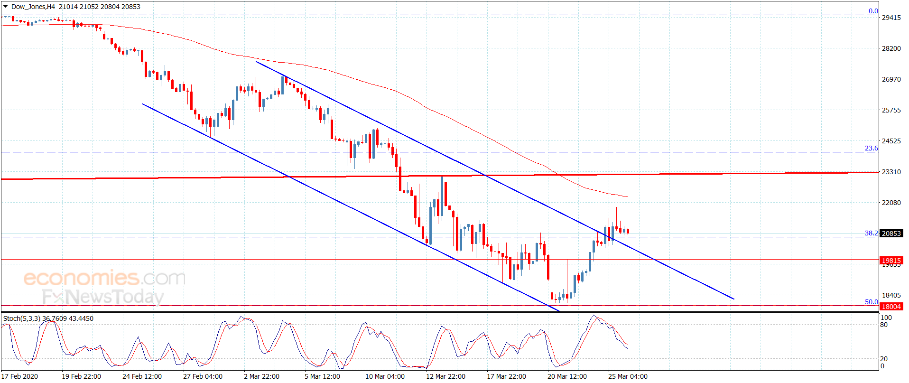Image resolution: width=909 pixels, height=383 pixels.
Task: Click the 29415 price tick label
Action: (890, 18)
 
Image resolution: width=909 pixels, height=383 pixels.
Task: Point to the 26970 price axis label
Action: (890, 79)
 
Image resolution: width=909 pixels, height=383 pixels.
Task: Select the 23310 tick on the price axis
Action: (890, 172)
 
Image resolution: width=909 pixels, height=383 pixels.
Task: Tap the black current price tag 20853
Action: (891, 234)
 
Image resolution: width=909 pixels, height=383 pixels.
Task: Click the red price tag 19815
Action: (891, 261)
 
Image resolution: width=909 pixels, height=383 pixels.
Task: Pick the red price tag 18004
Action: (891, 307)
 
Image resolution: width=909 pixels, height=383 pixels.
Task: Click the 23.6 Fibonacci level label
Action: (871, 149)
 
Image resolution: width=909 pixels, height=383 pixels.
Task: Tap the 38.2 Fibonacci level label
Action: (871, 234)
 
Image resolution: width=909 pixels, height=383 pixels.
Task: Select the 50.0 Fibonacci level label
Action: (871, 302)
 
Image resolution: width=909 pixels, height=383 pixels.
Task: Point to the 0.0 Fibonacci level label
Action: (873, 11)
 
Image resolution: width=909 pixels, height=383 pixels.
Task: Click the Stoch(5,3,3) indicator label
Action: (22, 318)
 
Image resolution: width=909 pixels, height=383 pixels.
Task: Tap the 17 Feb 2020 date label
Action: (20, 376)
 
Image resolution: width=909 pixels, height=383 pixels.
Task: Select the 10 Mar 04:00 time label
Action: (385, 376)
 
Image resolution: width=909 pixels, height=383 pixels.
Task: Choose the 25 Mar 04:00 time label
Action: (628, 376)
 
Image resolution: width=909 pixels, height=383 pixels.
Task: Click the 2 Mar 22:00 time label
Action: (261, 376)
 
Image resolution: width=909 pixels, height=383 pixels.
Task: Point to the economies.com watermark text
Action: (104, 278)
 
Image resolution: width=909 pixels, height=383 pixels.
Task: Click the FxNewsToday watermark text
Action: (103, 297)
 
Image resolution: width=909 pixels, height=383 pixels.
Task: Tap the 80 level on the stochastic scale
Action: (884, 325)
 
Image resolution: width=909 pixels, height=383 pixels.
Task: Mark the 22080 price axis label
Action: (890, 203)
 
